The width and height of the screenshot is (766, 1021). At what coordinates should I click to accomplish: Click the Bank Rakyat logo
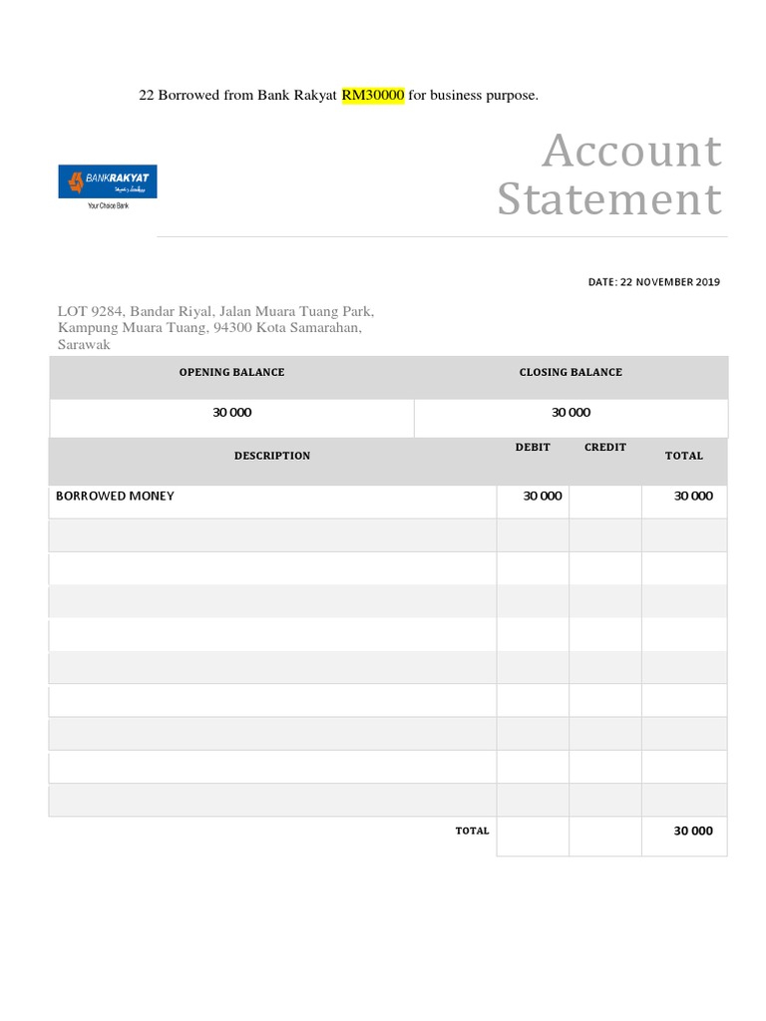pos(108,181)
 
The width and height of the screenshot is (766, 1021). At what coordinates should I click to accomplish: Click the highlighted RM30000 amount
pos(373,96)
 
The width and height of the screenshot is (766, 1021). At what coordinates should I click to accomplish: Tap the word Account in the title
pos(631,152)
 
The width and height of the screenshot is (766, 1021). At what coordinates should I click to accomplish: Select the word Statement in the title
pos(609,198)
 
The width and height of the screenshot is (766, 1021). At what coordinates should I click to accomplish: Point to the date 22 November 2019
pos(653,282)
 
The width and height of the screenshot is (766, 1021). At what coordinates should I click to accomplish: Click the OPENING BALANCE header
pos(231,372)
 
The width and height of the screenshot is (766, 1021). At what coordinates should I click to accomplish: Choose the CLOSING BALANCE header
pos(571,372)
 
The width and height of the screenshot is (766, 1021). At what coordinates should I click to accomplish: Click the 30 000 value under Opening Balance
pos(231,413)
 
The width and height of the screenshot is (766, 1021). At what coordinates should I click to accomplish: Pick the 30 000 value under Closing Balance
pos(571,413)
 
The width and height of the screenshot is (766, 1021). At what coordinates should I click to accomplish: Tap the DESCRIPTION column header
pos(272,456)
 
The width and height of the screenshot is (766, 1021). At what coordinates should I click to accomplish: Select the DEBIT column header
pos(533,448)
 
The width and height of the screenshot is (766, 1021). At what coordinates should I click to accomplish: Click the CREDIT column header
pos(605,448)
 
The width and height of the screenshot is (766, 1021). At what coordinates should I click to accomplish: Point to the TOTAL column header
pos(684,456)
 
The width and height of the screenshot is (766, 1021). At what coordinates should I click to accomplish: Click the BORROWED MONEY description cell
pos(115,496)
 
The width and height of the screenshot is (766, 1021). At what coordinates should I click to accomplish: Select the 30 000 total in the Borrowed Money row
pos(693,496)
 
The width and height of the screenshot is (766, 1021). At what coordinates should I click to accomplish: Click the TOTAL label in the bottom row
pos(473,831)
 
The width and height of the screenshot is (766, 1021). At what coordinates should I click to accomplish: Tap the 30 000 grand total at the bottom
pos(693,831)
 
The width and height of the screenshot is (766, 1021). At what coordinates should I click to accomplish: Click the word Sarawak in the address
pos(84,345)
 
